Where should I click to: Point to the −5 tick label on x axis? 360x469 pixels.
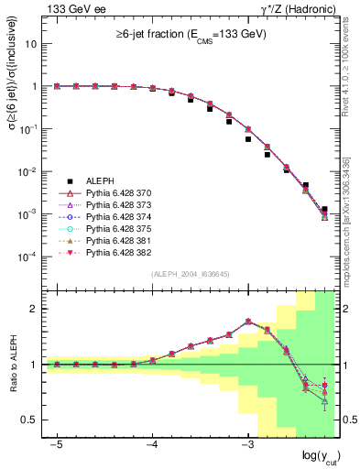tap(56, 443)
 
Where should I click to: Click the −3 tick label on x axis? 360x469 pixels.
tap(247, 443)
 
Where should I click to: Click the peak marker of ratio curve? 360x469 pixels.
tap(248, 322)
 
